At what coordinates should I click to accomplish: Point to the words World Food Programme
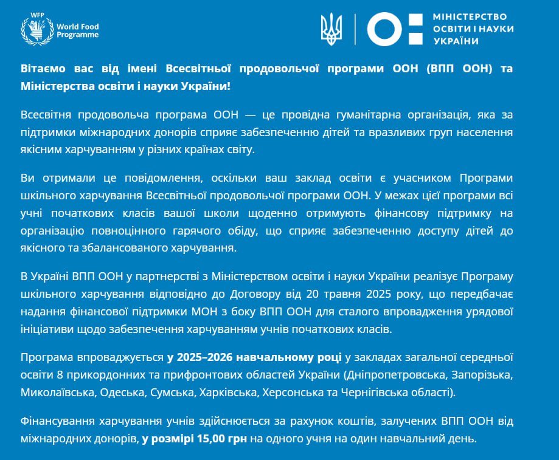77,31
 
